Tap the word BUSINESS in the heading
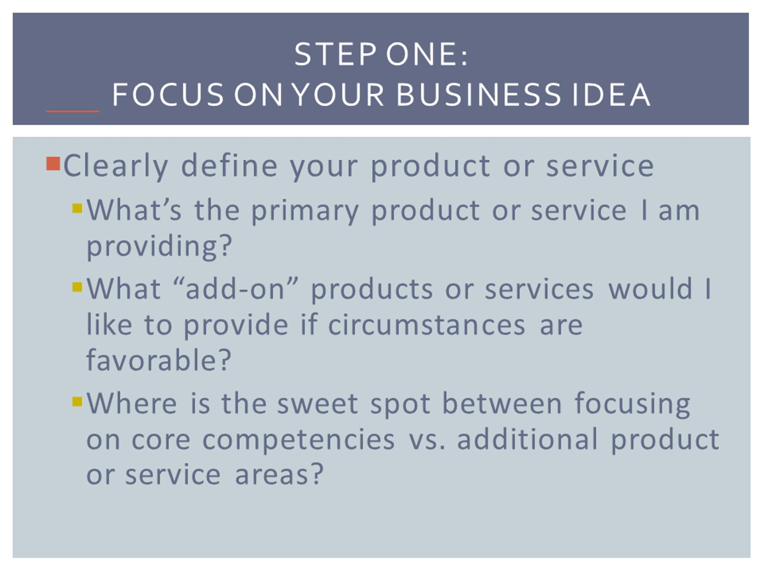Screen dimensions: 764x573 click(x=478, y=94)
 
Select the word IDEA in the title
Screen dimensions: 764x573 click(x=611, y=94)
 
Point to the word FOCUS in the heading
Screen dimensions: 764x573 click(x=168, y=94)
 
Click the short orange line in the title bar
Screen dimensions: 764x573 click(x=73, y=111)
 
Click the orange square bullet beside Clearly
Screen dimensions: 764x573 click(x=53, y=164)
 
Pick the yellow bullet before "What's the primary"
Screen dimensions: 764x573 click(x=77, y=208)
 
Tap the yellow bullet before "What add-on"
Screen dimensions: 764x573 click(x=77, y=287)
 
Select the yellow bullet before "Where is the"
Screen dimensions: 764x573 click(x=77, y=401)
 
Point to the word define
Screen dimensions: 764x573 click(x=229, y=165)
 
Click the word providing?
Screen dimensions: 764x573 click(x=159, y=247)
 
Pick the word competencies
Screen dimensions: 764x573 click(x=298, y=440)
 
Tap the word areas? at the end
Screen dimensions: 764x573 click(x=279, y=474)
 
